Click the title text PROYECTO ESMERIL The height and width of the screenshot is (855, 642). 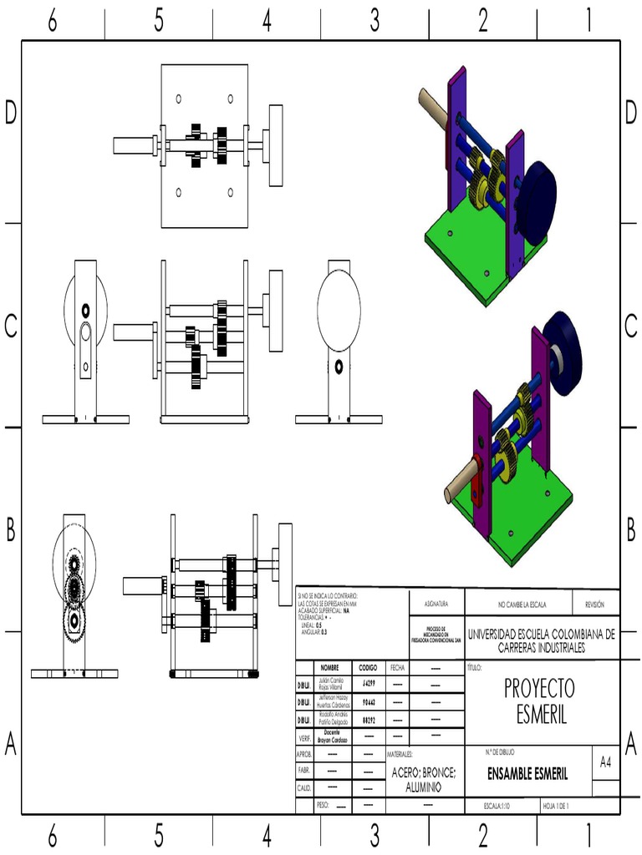tap(539, 701)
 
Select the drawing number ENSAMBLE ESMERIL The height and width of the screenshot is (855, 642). tap(527, 774)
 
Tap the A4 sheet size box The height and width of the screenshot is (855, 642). tap(605, 762)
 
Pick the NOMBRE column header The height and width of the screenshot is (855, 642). tap(329, 668)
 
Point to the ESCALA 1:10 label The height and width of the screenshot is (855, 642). tap(497, 806)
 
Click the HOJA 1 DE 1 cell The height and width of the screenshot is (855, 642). tap(556, 806)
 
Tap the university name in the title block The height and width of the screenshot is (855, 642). tap(542, 640)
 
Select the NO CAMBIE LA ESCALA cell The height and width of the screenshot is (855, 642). tap(518, 604)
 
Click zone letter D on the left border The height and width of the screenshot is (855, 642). tap(11, 113)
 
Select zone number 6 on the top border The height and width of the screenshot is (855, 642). tap(52, 22)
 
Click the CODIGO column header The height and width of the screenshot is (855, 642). tap(368, 668)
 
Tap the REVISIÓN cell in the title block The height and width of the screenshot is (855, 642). tap(595, 604)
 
